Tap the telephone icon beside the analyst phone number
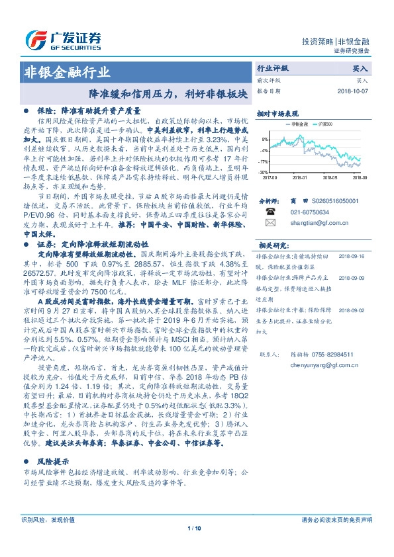pos(270,212)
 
